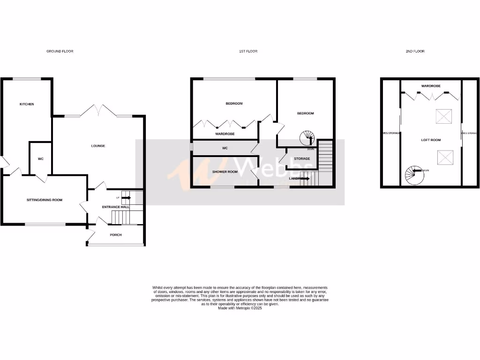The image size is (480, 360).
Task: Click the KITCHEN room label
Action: (x=27, y=104)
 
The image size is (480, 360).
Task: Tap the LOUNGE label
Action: (x=98, y=146)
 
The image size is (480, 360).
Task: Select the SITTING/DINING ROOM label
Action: (x=44, y=200)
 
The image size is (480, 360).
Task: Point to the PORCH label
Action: (x=115, y=235)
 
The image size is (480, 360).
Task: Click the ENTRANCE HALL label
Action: (x=115, y=207)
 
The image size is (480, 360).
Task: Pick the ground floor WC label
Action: (x=41, y=159)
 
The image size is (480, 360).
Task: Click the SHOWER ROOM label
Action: (x=225, y=172)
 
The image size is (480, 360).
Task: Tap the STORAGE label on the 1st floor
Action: (x=302, y=159)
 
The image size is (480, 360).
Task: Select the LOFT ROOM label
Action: (x=431, y=140)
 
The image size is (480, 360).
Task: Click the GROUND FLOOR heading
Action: (x=60, y=51)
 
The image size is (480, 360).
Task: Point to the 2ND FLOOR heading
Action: (x=415, y=51)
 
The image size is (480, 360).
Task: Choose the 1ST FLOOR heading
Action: (x=248, y=51)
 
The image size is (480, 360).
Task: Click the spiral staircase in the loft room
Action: (x=413, y=174)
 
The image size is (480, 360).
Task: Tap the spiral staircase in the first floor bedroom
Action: (x=308, y=138)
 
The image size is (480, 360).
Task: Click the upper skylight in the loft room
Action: (x=442, y=116)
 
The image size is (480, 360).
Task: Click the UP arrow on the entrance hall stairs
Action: (x=127, y=198)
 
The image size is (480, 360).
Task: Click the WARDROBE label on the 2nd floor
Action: (x=430, y=86)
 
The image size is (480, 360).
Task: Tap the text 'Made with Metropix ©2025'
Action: (x=240, y=308)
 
